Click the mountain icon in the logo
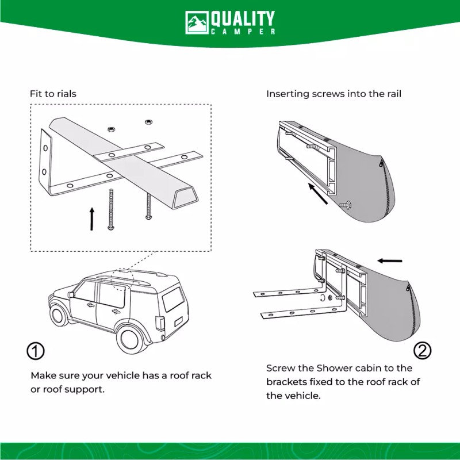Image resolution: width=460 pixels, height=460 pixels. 196,22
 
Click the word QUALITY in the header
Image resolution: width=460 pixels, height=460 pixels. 243,18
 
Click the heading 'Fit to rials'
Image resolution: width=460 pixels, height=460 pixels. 53,94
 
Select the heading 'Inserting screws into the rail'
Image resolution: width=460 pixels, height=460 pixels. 333,94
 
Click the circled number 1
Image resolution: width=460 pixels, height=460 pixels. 36,350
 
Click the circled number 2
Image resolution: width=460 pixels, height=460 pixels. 423,350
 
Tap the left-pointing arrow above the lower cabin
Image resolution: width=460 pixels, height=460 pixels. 390,260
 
